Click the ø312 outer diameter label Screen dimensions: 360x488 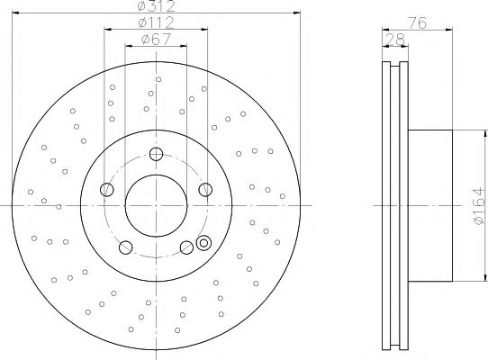tap(157, 6)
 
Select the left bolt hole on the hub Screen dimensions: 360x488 tap(107, 188)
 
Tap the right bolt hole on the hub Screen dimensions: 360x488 tap(205, 188)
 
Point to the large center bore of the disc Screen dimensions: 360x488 tap(157, 205)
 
